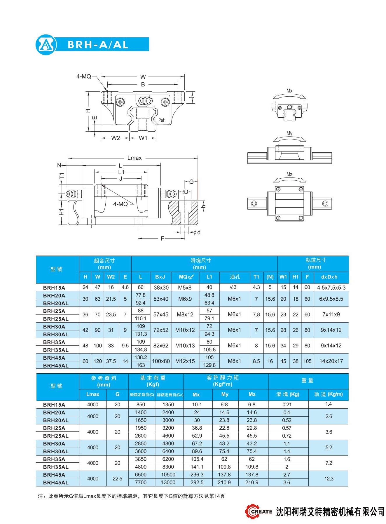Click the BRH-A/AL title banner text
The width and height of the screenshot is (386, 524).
pyautogui.click(x=98, y=45)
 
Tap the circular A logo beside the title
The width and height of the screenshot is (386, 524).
pyautogui.click(x=46, y=45)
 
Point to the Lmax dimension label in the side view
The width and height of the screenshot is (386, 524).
pyautogui.click(x=134, y=158)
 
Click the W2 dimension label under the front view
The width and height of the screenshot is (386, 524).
pyautogui.click(x=116, y=138)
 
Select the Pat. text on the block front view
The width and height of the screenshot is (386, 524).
pyautogui.click(x=162, y=120)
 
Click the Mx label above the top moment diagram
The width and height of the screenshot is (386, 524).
pyautogui.click(x=289, y=91)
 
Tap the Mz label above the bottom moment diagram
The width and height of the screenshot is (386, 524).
pyautogui.click(x=289, y=174)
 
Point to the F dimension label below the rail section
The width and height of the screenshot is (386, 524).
pyautogui.click(x=163, y=239)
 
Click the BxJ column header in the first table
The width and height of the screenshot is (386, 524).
pyautogui.click(x=160, y=277)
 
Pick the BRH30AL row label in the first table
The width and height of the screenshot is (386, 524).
pyautogui.click(x=56, y=334)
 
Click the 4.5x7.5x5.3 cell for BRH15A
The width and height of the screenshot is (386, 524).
pyautogui.click(x=331, y=288)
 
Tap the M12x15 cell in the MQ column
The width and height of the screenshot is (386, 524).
pyautogui.click(x=185, y=361)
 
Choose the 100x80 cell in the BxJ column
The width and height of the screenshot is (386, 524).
pyautogui.click(x=161, y=361)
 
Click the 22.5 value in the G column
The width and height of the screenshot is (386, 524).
pyautogui.click(x=117, y=478)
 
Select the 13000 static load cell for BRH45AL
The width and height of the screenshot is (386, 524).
pyautogui.click(x=168, y=482)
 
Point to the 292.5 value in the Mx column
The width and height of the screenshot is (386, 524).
pyautogui.click(x=197, y=482)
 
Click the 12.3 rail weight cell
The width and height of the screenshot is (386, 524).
pyautogui.click(x=329, y=478)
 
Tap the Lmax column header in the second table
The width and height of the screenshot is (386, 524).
pyautogui.click(x=93, y=394)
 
